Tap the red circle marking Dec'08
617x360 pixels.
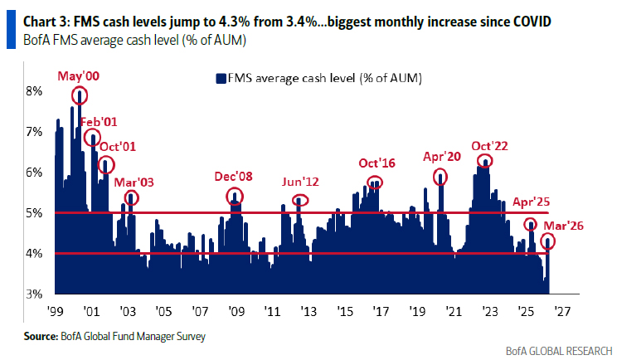236,197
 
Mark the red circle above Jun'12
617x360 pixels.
300,200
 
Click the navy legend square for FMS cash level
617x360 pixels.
221,79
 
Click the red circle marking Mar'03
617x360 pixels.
131,198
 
